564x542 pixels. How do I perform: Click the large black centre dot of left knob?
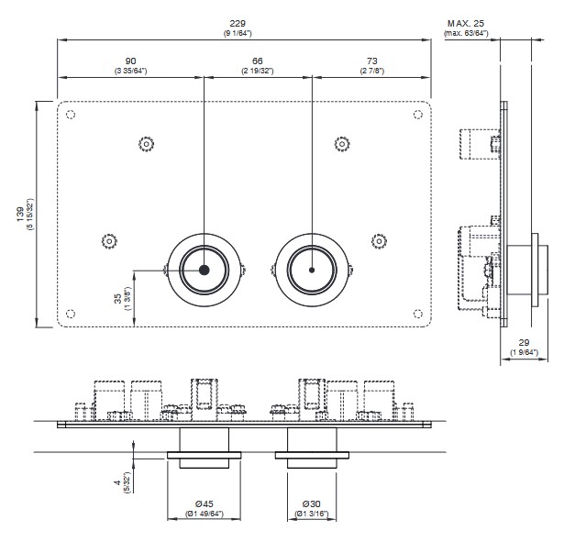(x=204, y=270)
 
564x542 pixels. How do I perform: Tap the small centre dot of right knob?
(x=313, y=270)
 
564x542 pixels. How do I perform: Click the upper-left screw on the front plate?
(x=146, y=143)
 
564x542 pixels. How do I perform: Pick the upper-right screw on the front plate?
(x=341, y=143)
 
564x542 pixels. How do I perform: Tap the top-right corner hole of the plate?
(x=418, y=115)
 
